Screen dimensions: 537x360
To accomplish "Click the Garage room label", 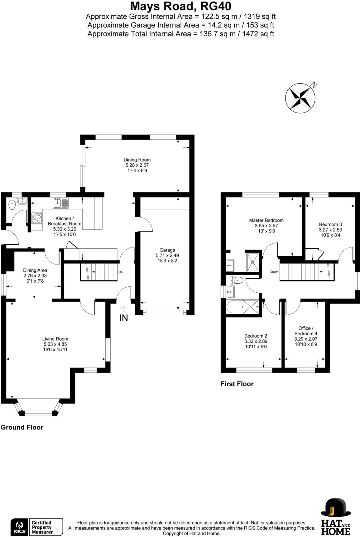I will (x=167, y=250).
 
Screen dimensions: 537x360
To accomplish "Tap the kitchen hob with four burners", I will (x=37, y=218).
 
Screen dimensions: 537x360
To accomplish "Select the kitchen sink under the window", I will (x=61, y=203).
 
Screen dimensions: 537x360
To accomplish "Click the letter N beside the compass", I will (x=314, y=85).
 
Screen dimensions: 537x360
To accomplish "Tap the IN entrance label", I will (x=123, y=318).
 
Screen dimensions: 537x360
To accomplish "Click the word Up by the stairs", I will (x=120, y=272).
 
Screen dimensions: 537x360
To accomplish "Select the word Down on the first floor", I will (x=274, y=272).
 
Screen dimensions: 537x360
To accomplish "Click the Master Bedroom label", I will (x=266, y=220).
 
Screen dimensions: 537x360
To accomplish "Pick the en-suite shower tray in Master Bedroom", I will (x=253, y=262).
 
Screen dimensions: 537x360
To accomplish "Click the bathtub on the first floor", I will (x=243, y=307).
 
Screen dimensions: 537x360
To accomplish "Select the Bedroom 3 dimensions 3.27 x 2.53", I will (x=330, y=230).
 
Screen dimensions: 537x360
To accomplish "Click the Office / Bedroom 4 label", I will (x=306, y=331).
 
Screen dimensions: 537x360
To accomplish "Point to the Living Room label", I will (x=55, y=339).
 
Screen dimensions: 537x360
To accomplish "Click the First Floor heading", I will (x=237, y=384).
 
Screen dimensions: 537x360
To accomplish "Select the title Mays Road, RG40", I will (x=181, y=6).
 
